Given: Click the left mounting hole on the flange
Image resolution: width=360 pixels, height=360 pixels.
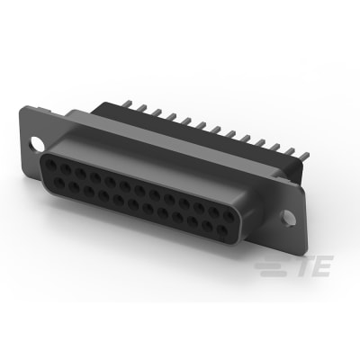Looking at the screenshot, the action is pyautogui.click(x=37, y=143).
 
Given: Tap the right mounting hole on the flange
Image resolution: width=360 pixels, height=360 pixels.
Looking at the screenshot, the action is pyautogui.click(x=288, y=218).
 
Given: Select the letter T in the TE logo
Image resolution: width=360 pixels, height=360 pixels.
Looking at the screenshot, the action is pyautogui.click(x=302, y=265).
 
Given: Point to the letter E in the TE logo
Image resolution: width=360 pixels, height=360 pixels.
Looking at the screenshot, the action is pyautogui.click(x=322, y=265).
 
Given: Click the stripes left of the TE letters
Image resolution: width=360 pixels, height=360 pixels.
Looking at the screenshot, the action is pyautogui.click(x=273, y=265).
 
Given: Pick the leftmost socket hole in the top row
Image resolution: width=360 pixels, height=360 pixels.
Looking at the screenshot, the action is pyautogui.click(x=50, y=165).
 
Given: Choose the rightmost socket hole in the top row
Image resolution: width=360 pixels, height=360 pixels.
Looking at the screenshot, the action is pyautogui.click(x=229, y=217).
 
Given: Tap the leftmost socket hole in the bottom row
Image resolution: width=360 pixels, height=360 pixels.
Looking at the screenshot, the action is pyautogui.click(x=58, y=182).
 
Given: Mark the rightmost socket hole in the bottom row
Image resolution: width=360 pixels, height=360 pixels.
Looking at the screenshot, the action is pyautogui.click(x=222, y=230).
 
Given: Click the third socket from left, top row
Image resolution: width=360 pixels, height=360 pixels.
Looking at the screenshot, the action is pyautogui.click(x=80, y=173).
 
